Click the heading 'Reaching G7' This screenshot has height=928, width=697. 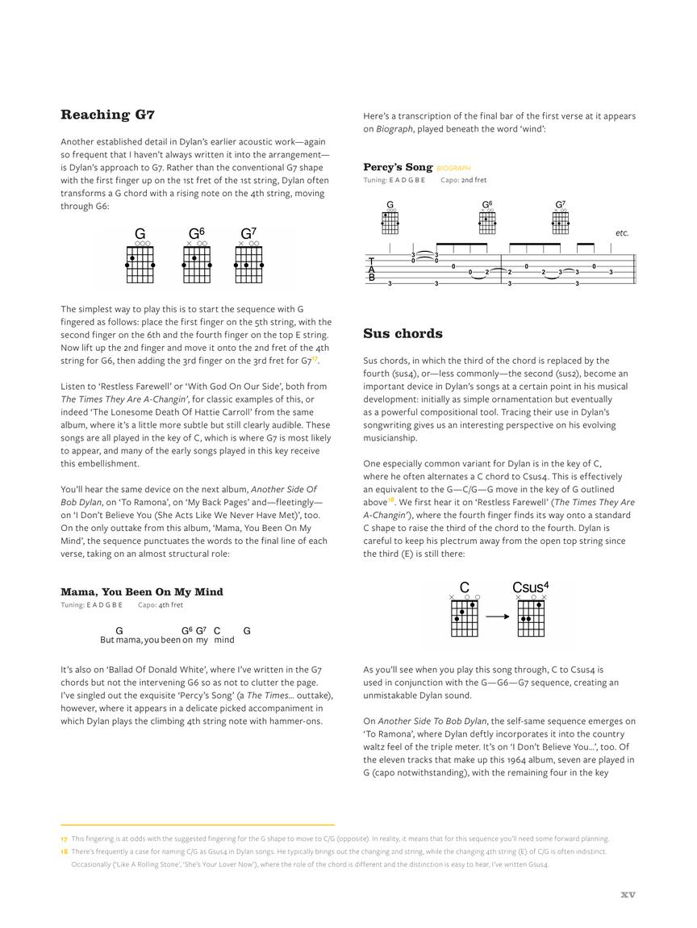pyautogui.click(x=107, y=115)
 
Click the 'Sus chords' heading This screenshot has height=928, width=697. pyautogui.click(x=403, y=333)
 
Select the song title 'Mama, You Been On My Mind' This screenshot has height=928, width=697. pyautogui.click(x=141, y=591)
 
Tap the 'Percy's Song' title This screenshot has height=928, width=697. pyautogui.click(x=398, y=167)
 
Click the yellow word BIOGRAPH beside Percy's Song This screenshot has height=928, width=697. pyautogui.click(x=453, y=169)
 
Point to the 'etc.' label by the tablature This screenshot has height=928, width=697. pyautogui.click(x=622, y=233)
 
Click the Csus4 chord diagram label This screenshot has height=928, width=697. pyautogui.click(x=530, y=587)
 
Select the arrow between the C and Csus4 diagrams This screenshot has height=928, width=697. pyautogui.click(x=497, y=617)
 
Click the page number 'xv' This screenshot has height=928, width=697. pyautogui.click(x=628, y=894)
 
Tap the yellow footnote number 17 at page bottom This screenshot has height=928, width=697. pyautogui.click(x=64, y=838)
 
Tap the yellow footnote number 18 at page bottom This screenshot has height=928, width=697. pyautogui.click(x=64, y=851)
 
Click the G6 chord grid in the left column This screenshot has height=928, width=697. pyautogui.click(x=197, y=264)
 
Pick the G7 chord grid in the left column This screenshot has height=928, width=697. pyautogui.click(x=248, y=264)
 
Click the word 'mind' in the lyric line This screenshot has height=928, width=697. pyautogui.click(x=224, y=640)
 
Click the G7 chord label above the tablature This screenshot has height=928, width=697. pyautogui.click(x=560, y=205)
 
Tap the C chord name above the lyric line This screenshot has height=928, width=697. pyautogui.click(x=217, y=630)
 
